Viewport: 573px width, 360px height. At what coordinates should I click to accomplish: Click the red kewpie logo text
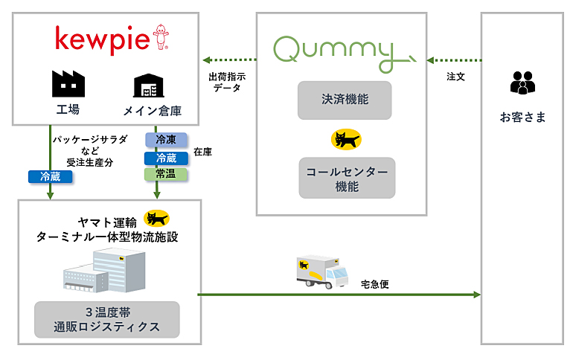[x=103, y=39]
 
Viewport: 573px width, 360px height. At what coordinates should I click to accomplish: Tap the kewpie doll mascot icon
[x=161, y=36]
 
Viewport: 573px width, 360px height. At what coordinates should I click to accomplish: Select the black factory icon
[x=68, y=83]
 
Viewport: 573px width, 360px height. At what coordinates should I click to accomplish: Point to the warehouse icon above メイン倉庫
[x=148, y=86]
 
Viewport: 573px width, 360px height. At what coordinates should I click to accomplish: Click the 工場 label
[x=68, y=109]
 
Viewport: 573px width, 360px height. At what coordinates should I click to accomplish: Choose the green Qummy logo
[x=345, y=54]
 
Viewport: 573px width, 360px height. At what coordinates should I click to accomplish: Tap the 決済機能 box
[x=345, y=100]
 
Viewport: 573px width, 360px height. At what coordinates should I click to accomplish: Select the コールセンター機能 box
[x=347, y=179]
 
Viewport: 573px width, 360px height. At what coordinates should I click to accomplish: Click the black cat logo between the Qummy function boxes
[x=346, y=139]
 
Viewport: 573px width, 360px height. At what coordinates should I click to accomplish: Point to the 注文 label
[x=455, y=77]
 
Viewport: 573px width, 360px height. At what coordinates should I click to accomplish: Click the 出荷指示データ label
[x=227, y=82]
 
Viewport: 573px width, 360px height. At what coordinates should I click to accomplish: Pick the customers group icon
[x=522, y=83]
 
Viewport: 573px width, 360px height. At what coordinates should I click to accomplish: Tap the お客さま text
[x=522, y=118]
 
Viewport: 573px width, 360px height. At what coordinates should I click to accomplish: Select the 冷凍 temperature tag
[x=166, y=140]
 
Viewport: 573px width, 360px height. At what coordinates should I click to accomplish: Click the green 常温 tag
[x=166, y=174]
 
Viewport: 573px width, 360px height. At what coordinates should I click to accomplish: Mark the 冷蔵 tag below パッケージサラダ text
[x=51, y=177]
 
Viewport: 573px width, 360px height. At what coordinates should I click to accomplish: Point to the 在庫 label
[x=203, y=152]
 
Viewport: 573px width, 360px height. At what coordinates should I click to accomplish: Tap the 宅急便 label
[x=374, y=284]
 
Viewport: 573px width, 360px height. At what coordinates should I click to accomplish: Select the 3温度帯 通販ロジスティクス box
[x=107, y=320]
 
